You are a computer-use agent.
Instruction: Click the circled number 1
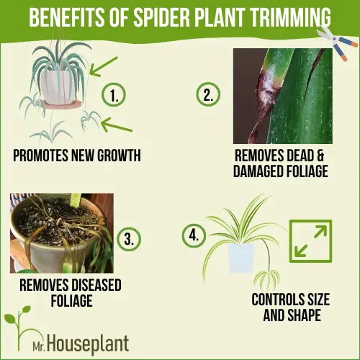point(114,95)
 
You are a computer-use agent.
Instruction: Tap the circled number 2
point(208,94)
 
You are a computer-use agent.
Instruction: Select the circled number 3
point(129,239)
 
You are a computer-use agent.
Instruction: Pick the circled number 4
point(194,235)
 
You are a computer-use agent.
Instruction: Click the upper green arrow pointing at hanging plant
point(103,67)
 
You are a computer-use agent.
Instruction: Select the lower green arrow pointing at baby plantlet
point(116,125)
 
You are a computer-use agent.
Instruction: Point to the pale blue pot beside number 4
point(240,258)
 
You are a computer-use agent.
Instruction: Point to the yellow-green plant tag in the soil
point(76,200)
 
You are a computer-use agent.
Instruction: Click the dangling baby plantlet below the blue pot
point(266,279)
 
